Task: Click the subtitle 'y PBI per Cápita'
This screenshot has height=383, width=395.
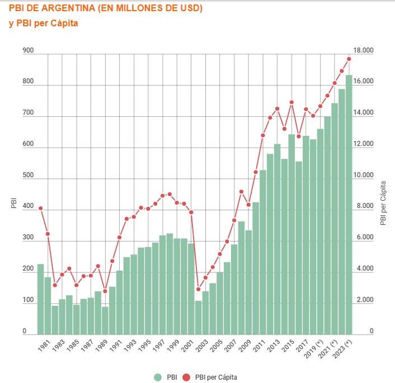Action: pos(43,23)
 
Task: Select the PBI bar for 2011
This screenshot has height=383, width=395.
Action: pos(263,252)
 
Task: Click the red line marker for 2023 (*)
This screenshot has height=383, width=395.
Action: pos(349,59)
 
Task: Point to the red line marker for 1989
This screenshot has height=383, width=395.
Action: pos(105,291)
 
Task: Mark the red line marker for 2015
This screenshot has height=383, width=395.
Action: pos(291,102)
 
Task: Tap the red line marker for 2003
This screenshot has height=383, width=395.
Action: pos(205,278)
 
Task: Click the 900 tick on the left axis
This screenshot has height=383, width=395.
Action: pos(28,51)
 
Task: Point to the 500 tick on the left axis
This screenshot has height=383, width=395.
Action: pos(28,176)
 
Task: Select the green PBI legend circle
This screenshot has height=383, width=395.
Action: pos(157,377)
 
